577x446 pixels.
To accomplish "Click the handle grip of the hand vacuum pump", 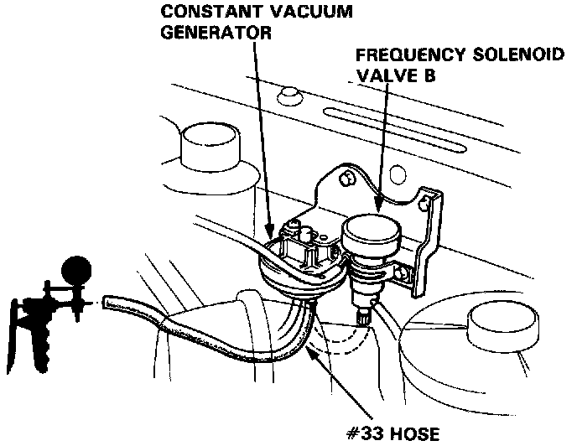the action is coord(23,335).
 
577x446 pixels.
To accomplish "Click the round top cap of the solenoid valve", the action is coord(370,229).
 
